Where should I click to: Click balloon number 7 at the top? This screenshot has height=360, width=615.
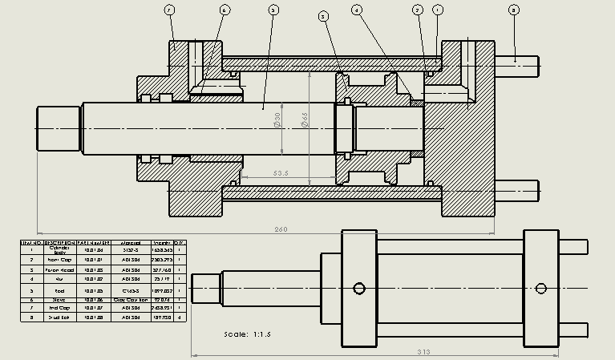pos(169,10)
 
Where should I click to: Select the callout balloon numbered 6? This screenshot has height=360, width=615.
pos(224,10)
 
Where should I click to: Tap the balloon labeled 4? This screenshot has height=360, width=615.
pos(357,10)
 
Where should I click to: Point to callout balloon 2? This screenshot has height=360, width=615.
pos(418,10)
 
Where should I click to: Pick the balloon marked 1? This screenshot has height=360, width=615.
pos(437,10)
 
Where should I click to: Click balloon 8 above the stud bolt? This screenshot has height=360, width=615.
pos(514,10)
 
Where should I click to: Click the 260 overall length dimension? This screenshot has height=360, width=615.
pos(281,229)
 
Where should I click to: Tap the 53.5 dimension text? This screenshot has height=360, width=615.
pos(281,172)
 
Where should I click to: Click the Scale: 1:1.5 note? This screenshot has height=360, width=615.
pos(248,334)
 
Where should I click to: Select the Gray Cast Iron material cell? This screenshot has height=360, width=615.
pos(131,299)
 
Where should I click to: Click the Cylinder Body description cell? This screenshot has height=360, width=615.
pos(60,250)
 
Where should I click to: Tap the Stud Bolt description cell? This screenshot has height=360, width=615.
pos(60,318)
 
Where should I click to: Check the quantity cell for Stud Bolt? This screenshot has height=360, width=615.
pos(180,318)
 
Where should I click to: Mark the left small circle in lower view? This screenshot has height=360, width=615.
pos(359,289)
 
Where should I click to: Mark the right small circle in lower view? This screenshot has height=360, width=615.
pos(543,289)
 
